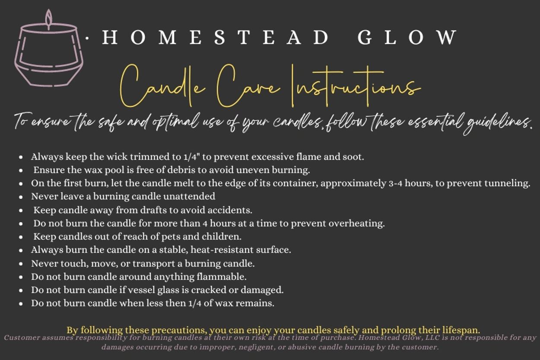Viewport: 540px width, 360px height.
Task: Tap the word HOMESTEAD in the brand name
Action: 216,37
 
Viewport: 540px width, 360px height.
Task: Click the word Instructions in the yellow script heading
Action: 356,86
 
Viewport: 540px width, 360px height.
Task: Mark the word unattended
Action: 189,197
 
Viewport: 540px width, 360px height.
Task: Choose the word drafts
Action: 153,210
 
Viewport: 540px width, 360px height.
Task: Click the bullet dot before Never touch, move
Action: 21,264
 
